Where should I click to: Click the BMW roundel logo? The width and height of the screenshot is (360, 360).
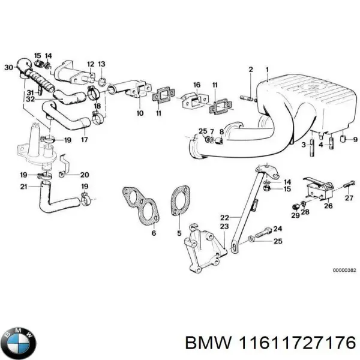click(x=19, y=343)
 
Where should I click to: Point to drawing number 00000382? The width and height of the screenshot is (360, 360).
click(x=344, y=271)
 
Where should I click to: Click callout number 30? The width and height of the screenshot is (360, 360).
click(x=8, y=67)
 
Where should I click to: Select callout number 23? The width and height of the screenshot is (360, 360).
click(x=224, y=227)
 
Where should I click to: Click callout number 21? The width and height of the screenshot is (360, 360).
click(x=23, y=187)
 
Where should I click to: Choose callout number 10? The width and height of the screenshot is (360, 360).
click(x=139, y=112)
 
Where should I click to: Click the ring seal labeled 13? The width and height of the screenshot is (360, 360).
click(x=103, y=80)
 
